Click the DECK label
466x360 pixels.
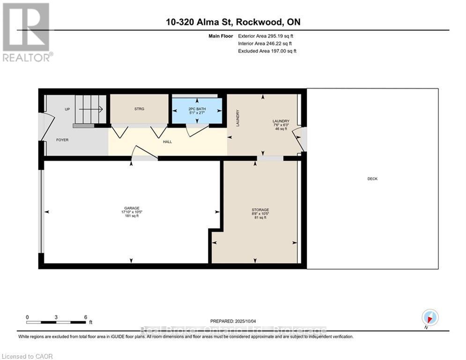(x=372, y=179)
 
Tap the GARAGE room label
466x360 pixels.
(x=131, y=208)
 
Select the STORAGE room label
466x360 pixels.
(x=260, y=210)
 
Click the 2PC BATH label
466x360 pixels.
(x=197, y=108)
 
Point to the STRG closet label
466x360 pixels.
(x=139, y=109)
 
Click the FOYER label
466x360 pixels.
(x=63, y=140)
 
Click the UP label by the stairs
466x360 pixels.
(x=67, y=109)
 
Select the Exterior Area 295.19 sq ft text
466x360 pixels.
(x=266, y=36)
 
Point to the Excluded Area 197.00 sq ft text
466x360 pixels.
(x=267, y=51)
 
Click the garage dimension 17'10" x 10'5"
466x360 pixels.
(x=131, y=212)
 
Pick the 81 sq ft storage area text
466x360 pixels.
(x=260, y=217)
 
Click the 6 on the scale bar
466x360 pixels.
(x=85, y=317)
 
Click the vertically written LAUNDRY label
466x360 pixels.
(x=238, y=118)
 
